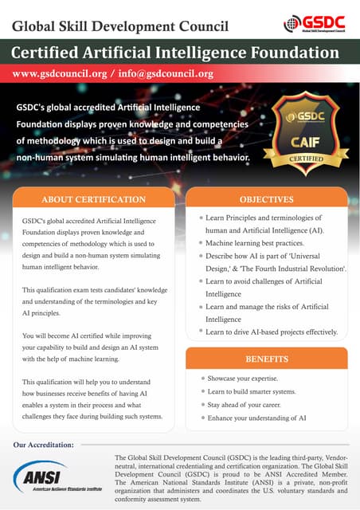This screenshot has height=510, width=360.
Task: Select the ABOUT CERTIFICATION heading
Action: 93,198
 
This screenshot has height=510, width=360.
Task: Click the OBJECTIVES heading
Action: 266,198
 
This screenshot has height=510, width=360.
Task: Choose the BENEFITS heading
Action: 266,359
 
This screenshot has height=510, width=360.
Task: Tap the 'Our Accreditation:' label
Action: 45,444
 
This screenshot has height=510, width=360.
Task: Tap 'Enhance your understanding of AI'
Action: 256,418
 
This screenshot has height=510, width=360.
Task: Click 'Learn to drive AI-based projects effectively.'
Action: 272,331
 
